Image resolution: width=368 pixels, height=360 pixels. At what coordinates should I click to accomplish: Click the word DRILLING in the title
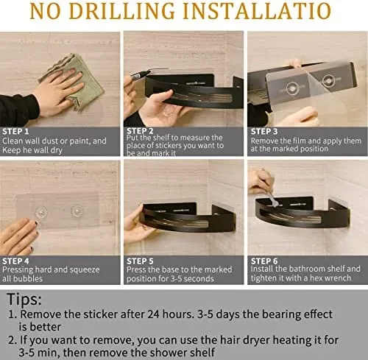[121, 11]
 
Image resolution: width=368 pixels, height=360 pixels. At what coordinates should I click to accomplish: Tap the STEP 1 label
[15, 132]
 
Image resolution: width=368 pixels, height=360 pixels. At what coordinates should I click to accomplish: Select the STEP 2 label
[140, 131]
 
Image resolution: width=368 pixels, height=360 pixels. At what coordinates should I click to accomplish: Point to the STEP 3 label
[264, 132]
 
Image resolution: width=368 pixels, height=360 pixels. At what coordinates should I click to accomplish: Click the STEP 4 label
[15, 261]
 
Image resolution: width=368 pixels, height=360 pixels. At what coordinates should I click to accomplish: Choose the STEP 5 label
[140, 261]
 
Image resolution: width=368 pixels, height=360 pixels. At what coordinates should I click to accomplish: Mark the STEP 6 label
[264, 261]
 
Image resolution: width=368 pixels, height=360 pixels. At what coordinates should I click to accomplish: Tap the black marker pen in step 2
[141, 75]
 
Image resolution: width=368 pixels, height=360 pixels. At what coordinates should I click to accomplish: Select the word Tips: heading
[24, 300]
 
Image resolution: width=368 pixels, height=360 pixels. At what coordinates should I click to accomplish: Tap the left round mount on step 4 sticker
[41, 212]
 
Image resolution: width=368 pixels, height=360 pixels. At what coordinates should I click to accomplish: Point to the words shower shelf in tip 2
[183, 353]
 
